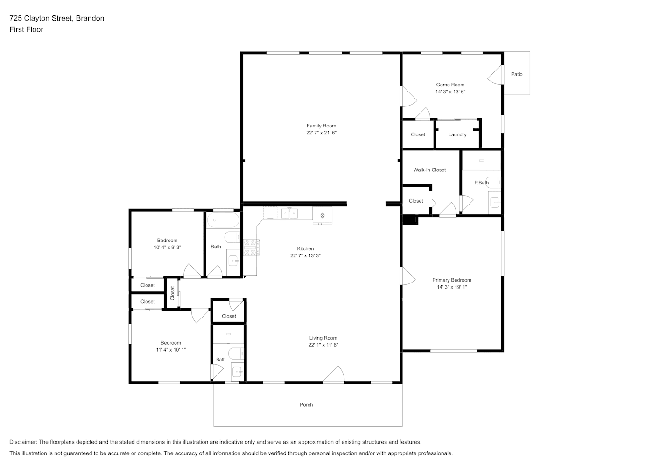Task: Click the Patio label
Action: click(517, 74)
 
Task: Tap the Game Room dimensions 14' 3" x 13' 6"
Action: click(450, 92)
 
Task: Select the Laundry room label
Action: click(457, 135)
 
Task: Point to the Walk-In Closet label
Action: click(429, 170)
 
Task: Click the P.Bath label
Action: click(481, 183)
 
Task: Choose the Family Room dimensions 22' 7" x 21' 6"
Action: click(321, 133)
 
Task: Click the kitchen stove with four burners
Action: click(251, 248)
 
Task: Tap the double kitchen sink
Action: click(289, 213)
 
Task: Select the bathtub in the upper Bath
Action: click(223, 220)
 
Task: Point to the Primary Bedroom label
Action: click(452, 280)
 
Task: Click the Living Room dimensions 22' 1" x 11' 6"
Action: click(323, 345)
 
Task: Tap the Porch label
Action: click(306, 405)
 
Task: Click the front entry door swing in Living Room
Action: click(334, 375)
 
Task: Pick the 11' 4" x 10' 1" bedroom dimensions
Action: click(171, 350)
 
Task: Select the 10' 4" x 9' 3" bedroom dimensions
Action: click(167, 248)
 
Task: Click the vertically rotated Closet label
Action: click(172, 293)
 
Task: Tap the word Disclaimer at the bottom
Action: click(23, 442)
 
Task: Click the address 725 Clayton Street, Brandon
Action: click(57, 18)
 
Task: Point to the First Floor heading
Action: click(26, 29)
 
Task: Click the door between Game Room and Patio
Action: click(495, 75)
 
